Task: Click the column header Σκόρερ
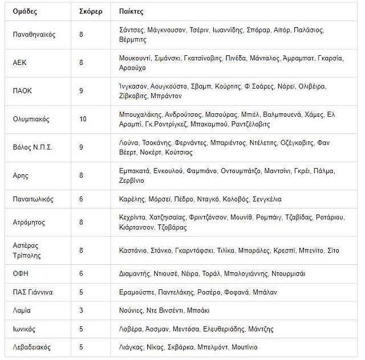[x=91, y=11]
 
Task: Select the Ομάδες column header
[x=26, y=11]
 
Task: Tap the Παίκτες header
[x=132, y=11]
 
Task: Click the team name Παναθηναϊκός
[x=34, y=35]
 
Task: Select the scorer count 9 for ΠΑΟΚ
[x=82, y=91]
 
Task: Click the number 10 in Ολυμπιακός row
[x=83, y=120]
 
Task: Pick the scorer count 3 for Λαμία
[x=82, y=310]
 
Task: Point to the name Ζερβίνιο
[x=132, y=181]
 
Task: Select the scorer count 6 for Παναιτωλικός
[x=82, y=199]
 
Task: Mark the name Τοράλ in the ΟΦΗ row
[x=210, y=273]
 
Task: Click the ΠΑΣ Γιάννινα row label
[x=33, y=292]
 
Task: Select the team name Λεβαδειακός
[x=32, y=347]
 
